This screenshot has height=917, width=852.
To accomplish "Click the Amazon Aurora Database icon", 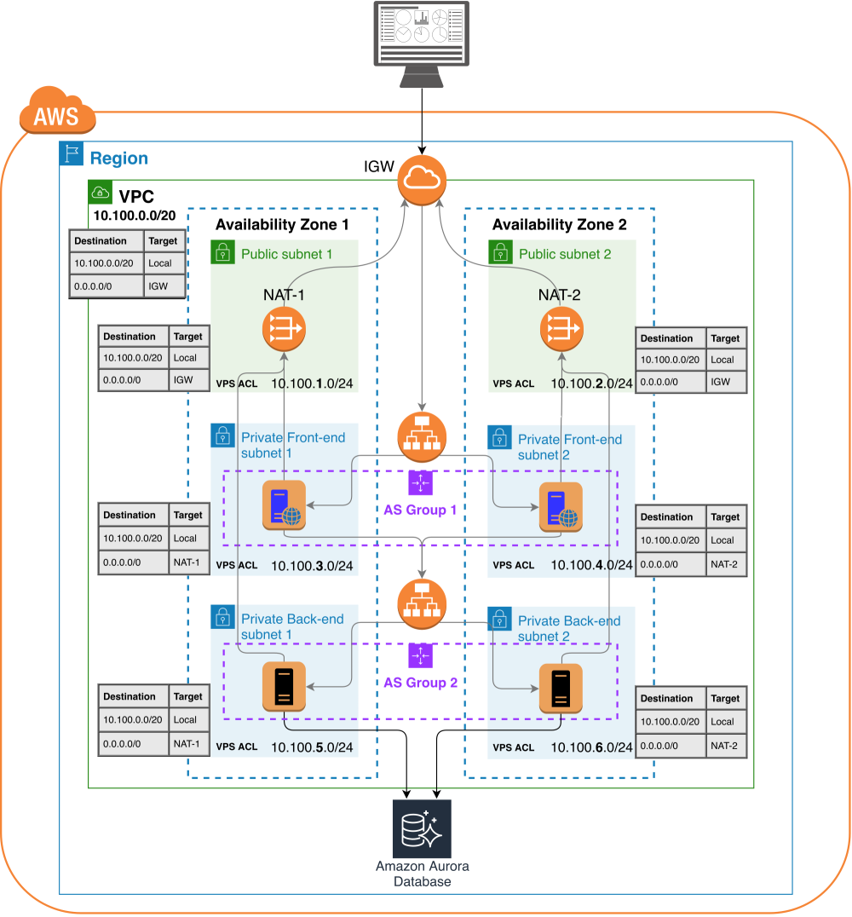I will (423, 828).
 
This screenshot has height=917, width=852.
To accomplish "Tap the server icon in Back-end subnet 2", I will (561, 689).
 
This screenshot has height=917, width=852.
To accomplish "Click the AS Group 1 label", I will (420, 510).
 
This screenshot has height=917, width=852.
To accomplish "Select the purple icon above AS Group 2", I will (421, 655).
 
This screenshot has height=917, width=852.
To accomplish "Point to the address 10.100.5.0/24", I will (312, 747).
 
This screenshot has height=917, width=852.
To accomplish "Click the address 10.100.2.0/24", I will (590, 384).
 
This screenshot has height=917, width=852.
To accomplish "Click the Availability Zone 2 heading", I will (559, 225).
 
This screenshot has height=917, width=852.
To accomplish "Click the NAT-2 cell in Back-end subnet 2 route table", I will (725, 745).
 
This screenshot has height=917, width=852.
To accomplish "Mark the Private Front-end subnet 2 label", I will (569, 447).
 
